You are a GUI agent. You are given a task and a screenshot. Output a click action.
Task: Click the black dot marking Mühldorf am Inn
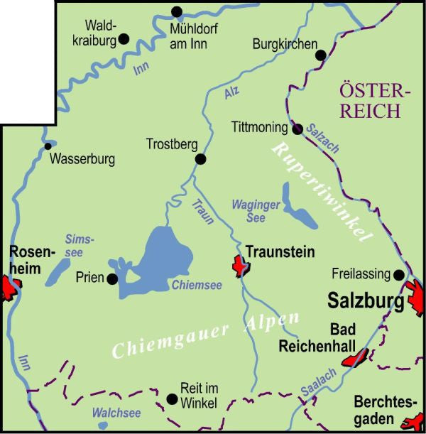[x=177, y=11]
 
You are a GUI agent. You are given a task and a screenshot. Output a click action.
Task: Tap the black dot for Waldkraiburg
[x=124, y=39]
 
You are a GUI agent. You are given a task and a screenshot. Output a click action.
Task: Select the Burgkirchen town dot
[x=320, y=55]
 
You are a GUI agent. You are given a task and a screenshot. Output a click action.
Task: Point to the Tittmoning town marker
[x=298, y=129]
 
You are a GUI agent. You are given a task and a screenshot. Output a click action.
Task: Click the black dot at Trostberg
[x=201, y=159]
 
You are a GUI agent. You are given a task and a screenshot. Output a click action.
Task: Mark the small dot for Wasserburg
[x=48, y=146]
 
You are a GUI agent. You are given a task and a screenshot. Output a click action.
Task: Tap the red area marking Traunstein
[x=240, y=266]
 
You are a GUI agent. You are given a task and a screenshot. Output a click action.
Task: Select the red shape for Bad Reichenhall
[x=354, y=357]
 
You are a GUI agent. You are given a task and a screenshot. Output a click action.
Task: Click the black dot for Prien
[x=112, y=278]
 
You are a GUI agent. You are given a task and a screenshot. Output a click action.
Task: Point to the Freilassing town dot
[x=399, y=274]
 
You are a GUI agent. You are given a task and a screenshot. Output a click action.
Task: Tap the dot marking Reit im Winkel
[x=172, y=398]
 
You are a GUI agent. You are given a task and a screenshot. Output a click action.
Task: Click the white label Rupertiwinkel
[x=323, y=192]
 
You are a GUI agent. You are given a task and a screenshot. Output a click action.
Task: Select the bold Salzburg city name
[x=366, y=300]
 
